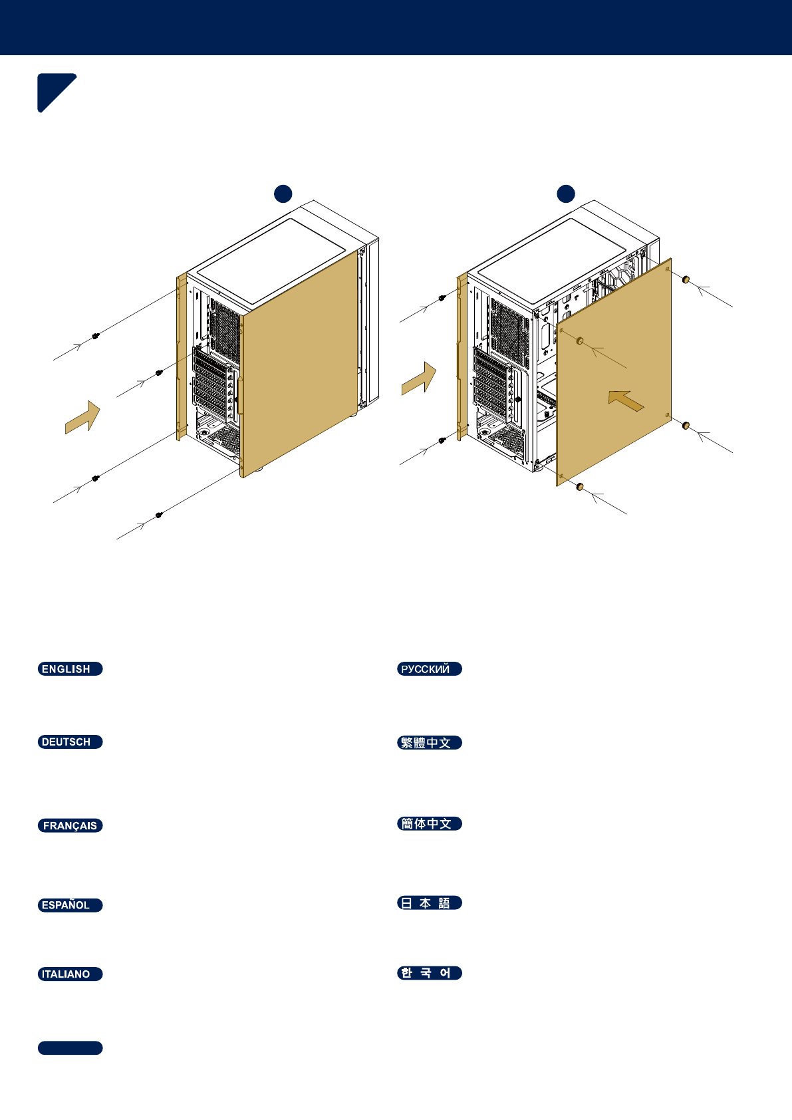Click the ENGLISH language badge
point(70,669)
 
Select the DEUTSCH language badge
point(70,742)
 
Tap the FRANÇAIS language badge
point(70,826)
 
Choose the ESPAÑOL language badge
point(70,905)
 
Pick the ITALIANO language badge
point(70,974)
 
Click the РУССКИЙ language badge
point(430,669)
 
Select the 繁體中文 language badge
point(430,743)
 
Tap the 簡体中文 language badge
point(430,824)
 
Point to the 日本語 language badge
point(430,903)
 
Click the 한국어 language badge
point(430,973)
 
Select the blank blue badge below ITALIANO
point(70,1048)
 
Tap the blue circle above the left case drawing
point(283,194)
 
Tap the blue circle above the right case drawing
point(566,194)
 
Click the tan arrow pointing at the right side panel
point(626,400)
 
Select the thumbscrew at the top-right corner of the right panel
point(686,279)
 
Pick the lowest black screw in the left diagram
point(158,515)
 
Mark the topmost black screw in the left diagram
point(96,336)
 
